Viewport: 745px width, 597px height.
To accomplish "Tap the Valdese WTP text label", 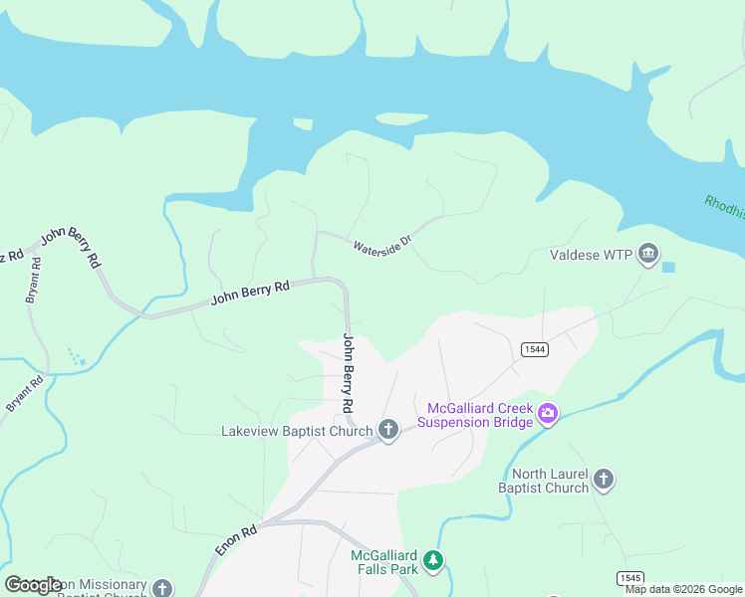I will pyautogui.click(x=591, y=255).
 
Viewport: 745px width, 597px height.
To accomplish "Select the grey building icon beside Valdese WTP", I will pyautogui.click(x=648, y=255).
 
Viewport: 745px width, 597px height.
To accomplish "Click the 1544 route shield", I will pyautogui.click(x=532, y=348).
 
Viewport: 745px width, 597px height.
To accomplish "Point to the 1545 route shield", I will pyautogui.click(x=629, y=578).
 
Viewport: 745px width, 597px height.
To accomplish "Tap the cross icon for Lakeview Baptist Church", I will pyautogui.click(x=388, y=431).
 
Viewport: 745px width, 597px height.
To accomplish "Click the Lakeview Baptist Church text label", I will pyautogui.click(x=296, y=431).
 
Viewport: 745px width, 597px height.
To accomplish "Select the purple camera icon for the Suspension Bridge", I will pyautogui.click(x=547, y=414).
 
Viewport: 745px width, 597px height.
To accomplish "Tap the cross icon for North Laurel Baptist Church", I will pyautogui.click(x=604, y=481).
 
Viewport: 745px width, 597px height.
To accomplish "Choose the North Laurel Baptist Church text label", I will pyautogui.click(x=545, y=481).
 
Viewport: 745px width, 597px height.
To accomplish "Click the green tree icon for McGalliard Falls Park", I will pyautogui.click(x=432, y=561).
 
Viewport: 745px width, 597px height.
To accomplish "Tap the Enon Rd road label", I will pyautogui.click(x=236, y=540).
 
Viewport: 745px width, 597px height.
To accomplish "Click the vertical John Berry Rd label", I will pyautogui.click(x=349, y=373).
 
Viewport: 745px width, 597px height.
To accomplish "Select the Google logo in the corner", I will pyautogui.click(x=34, y=585).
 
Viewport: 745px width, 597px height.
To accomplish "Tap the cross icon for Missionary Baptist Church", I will pyautogui.click(x=162, y=588).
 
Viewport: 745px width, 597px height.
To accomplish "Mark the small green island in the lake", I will pyautogui.click(x=402, y=118).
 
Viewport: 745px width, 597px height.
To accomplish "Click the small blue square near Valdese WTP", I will pyautogui.click(x=668, y=267).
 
